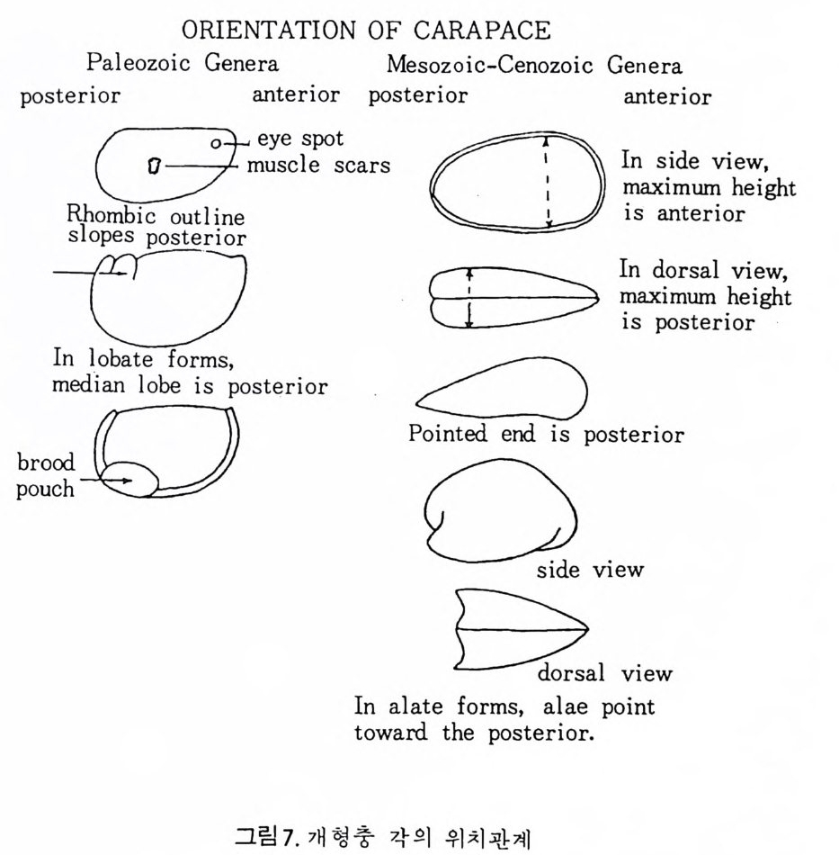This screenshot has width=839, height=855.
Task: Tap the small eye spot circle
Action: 216,143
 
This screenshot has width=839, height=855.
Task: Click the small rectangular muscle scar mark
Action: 154,166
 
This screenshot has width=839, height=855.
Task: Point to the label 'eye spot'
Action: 299,139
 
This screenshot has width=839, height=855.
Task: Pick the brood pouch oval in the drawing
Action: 129,479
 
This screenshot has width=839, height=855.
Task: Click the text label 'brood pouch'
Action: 48,477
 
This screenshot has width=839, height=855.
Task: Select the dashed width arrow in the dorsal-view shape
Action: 469,297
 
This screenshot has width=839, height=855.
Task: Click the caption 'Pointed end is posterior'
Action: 546,435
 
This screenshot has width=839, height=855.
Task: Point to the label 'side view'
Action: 590,570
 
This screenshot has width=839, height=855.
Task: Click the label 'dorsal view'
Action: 604,673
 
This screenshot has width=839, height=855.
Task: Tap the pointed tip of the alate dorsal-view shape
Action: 586,627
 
